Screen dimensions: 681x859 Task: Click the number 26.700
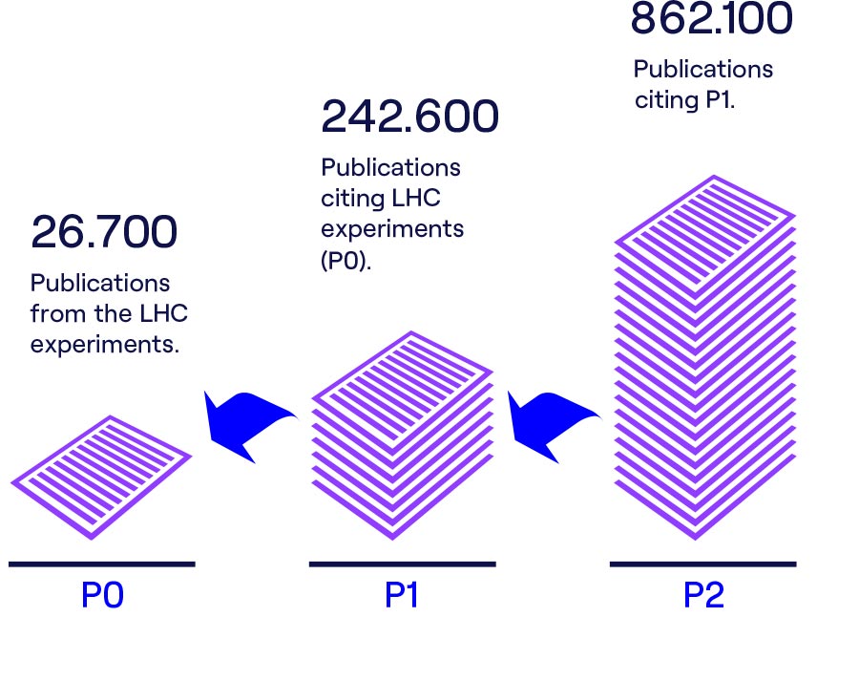point(104,232)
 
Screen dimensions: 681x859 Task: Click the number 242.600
point(409,117)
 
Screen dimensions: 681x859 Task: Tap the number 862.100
point(711,19)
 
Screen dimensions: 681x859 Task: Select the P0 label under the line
point(103,596)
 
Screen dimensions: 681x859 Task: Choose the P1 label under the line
point(402,596)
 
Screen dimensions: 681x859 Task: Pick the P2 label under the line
point(703,596)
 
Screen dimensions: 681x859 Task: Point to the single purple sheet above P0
point(101,475)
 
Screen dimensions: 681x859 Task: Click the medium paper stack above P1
point(402,435)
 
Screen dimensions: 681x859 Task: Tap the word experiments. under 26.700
point(105,345)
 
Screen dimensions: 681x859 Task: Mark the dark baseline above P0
point(102,564)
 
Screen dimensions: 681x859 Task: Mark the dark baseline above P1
point(402,564)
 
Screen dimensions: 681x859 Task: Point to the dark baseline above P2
point(702,564)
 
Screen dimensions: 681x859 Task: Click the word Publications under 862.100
point(703,70)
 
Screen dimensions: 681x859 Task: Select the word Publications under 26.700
point(100,284)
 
